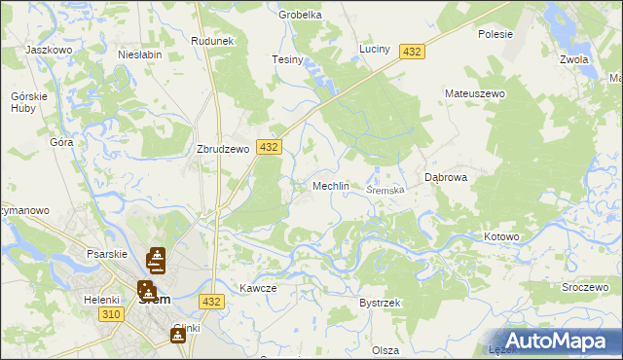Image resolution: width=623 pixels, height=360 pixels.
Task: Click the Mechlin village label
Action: [x=330, y=186]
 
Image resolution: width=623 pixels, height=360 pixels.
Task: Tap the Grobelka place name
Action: [x=300, y=15]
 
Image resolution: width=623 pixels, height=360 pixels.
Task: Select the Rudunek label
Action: [x=213, y=41]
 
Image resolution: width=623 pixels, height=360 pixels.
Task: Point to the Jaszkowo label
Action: [x=51, y=49]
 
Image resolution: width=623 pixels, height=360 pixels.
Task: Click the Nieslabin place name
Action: [x=138, y=55]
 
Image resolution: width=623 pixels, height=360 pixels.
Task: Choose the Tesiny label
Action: [x=287, y=60]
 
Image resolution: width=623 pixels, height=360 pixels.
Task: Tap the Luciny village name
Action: [x=374, y=49]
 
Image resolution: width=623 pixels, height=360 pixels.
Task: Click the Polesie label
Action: [x=495, y=33]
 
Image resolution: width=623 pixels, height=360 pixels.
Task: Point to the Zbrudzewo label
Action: [x=224, y=150]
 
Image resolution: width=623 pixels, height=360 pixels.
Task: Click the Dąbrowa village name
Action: [x=447, y=178]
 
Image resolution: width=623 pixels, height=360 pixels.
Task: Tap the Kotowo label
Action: [x=502, y=236]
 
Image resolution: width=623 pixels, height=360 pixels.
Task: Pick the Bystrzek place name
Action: [x=380, y=304]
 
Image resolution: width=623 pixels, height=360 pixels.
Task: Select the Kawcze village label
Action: [x=259, y=288]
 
